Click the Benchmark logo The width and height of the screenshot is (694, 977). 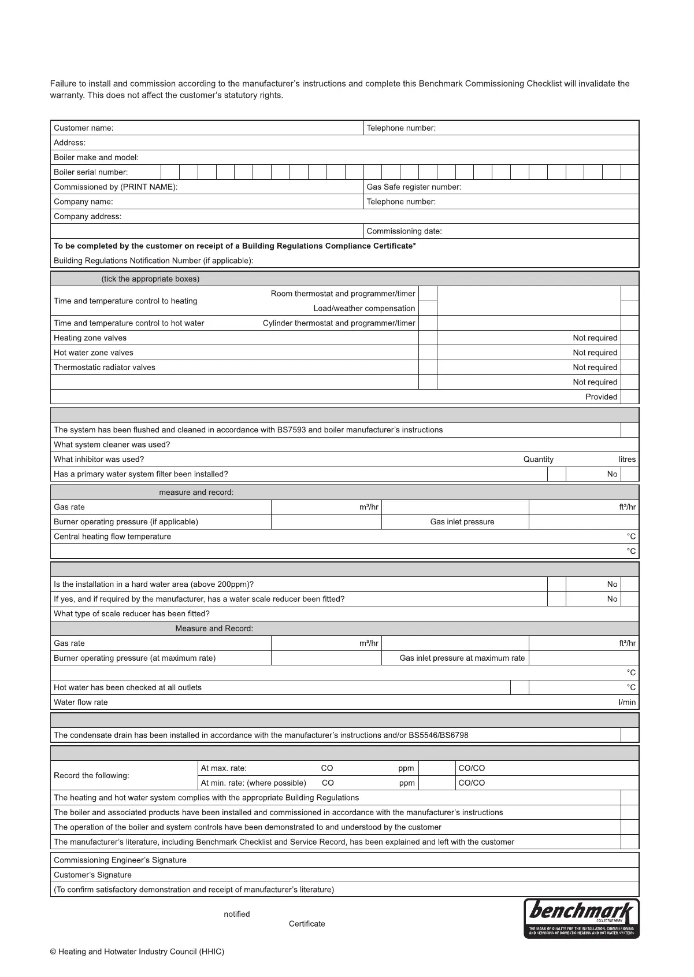point(581,918)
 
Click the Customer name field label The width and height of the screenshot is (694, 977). point(84,128)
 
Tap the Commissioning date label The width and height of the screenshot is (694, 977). point(404,231)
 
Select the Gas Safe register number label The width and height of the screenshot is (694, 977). point(414,187)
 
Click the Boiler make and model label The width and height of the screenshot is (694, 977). point(96,158)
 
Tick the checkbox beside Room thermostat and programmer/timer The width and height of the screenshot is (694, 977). point(428,294)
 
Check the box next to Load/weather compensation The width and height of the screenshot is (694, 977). point(428,309)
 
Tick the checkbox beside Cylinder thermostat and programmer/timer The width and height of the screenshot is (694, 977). point(428,324)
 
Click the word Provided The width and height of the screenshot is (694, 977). point(601,397)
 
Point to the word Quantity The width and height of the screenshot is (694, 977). point(538,460)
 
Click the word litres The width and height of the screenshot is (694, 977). point(627,460)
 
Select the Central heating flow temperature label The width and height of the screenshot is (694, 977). point(112,537)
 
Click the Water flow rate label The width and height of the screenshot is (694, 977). point(80,703)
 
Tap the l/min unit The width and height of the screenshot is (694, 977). point(627,703)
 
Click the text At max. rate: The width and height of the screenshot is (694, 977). point(224,769)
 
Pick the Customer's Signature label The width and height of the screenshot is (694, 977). point(92,875)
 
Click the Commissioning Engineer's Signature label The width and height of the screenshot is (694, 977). point(120,861)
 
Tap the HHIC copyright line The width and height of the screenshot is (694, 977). point(137,952)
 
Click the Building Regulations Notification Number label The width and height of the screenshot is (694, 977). point(153,261)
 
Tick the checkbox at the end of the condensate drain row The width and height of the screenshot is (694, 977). point(630,736)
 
